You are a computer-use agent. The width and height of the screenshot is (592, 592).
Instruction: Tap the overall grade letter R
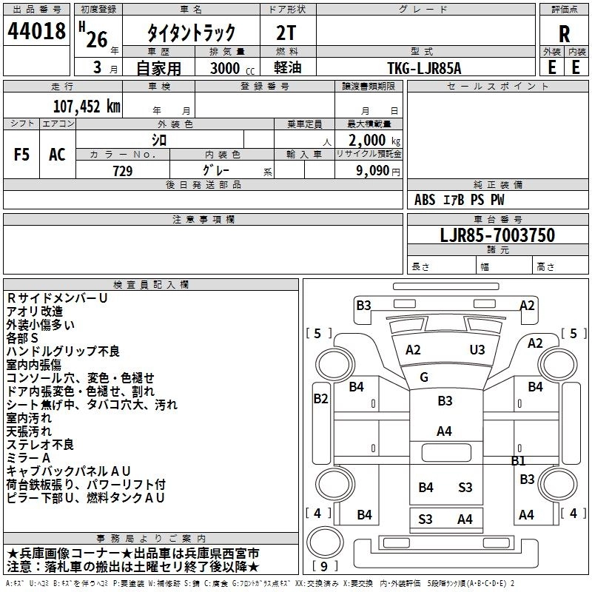coord(564,34)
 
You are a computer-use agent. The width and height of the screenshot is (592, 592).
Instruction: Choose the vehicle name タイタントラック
coord(192,33)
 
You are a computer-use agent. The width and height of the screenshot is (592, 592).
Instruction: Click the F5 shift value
coord(22,155)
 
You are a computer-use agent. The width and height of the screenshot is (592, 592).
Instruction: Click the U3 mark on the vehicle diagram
coord(477,350)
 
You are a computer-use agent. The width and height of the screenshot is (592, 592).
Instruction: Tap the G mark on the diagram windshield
coord(424,377)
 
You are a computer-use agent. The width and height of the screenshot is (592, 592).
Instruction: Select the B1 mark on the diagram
coord(518,460)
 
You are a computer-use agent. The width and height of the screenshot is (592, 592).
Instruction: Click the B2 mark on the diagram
coord(320,399)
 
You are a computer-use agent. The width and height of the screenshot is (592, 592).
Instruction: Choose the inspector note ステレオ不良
coord(41,445)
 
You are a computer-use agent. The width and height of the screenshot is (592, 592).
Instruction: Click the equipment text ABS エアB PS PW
coord(460,200)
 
